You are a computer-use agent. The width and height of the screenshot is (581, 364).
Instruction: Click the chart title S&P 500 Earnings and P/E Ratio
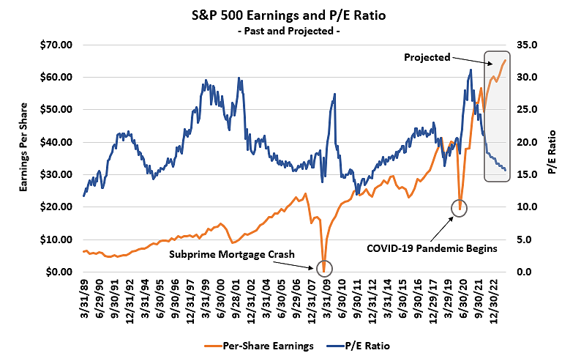point(290,15)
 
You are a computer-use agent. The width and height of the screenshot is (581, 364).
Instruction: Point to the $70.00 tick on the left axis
point(56,45)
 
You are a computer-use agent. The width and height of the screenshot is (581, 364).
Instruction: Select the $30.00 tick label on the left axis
point(56,174)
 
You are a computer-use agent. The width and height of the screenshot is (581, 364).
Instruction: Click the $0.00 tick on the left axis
point(59,272)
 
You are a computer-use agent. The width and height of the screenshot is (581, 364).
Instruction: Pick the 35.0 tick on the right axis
point(526,45)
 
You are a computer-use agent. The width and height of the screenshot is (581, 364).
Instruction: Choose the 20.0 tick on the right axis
point(526,142)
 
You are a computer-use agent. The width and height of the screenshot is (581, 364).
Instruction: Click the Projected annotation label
point(427,56)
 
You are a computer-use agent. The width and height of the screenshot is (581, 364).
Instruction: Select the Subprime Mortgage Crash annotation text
point(232,254)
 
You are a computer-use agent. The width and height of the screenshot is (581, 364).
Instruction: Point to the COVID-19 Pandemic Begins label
point(432,248)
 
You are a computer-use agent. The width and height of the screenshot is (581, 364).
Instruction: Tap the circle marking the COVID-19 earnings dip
point(460,208)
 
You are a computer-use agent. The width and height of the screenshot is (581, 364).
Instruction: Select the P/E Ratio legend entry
point(366,343)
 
